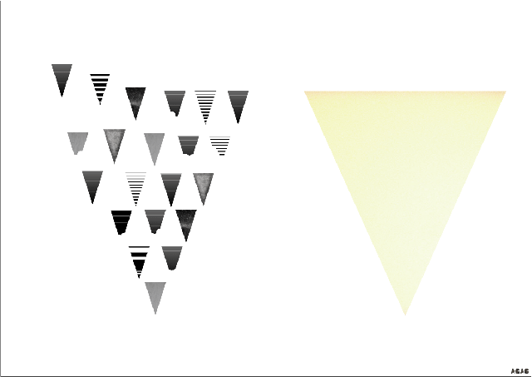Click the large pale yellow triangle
pos(405,166)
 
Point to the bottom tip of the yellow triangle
pos(405,314)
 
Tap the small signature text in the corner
pos(520,370)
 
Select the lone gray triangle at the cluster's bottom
pos(155,295)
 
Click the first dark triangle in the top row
pos(62,77)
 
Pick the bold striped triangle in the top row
pos(100,86)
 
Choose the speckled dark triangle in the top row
pos(135,100)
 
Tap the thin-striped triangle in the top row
pos(205,104)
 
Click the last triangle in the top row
pos(238,103)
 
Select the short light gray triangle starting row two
pos(77,142)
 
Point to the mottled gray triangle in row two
pos(114,142)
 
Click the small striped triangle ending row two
pos(220,146)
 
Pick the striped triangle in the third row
pos(135,186)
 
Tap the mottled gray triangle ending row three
pos(203,186)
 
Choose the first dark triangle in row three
pos(92,184)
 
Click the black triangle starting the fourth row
pos(121,221)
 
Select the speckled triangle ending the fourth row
pos(186,222)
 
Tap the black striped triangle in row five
pos(139,259)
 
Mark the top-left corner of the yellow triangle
pos(306,92)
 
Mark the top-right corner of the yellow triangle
pos(505,92)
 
